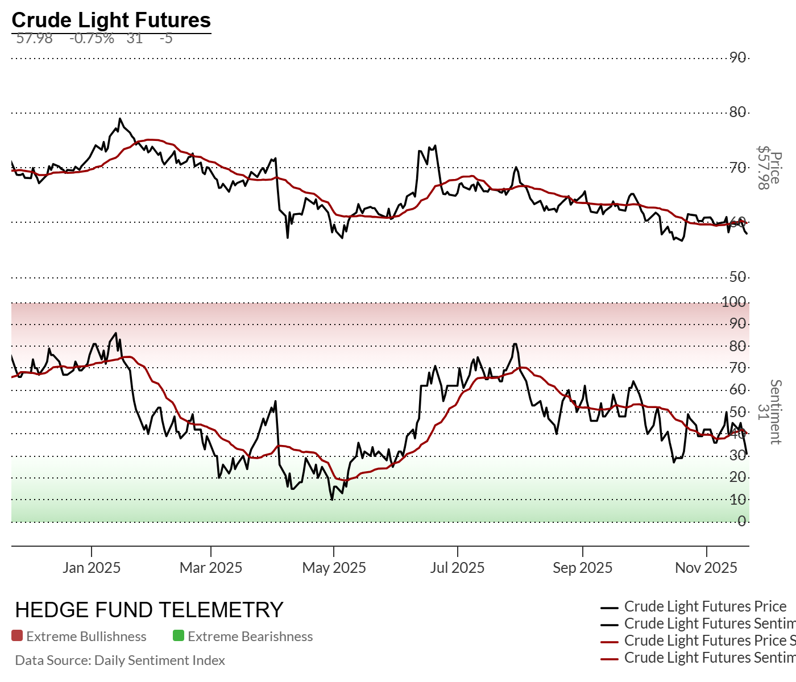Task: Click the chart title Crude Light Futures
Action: tap(111, 20)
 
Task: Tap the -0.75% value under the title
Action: tap(92, 39)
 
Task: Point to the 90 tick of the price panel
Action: tap(738, 57)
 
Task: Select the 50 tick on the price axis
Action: tap(738, 277)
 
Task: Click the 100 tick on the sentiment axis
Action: tap(734, 302)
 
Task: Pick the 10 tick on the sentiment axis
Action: tap(738, 500)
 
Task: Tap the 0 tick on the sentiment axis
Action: tap(742, 521)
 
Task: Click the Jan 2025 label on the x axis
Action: tap(92, 568)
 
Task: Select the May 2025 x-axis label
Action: tap(334, 568)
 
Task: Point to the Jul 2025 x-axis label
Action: tap(457, 568)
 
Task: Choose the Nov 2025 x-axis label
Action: tap(706, 568)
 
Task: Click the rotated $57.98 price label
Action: tap(763, 168)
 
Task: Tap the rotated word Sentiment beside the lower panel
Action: tap(776, 412)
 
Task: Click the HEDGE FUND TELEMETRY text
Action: tap(149, 610)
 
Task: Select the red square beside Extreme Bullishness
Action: tap(17, 636)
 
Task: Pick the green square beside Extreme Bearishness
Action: tap(179, 636)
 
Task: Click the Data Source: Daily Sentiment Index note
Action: tap(120, 660)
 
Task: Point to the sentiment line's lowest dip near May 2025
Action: tap(331, 500)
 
